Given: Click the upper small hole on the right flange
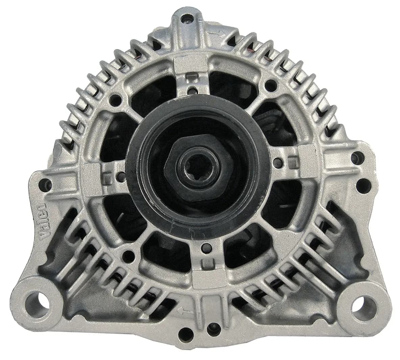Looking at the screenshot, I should pyautogui.click(x=355, y=157).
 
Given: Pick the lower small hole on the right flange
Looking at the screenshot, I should pyautogui.click(x=362, y=185).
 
